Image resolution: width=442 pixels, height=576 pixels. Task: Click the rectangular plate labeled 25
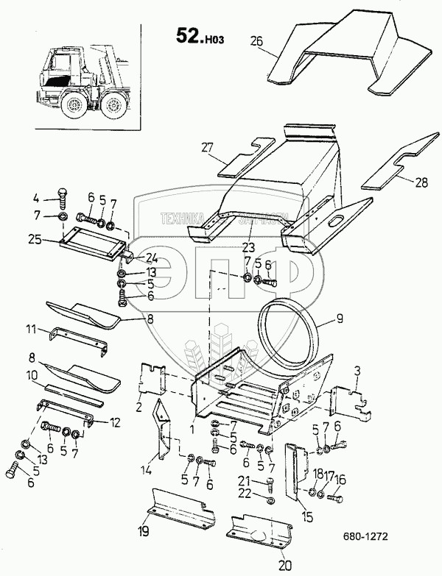click(91, 241)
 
